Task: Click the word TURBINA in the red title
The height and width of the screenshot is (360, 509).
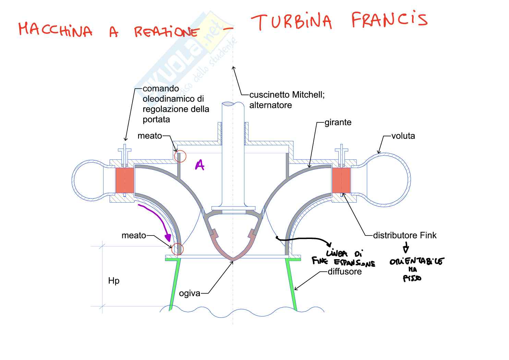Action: point(291,22)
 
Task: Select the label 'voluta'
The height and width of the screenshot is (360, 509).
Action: point(403,136)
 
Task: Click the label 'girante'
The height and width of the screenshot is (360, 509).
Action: point(338,122)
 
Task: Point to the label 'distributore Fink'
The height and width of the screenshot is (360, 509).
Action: point(405,236)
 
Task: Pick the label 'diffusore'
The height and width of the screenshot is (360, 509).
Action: point(344,272)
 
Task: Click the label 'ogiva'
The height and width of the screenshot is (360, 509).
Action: point(190,293)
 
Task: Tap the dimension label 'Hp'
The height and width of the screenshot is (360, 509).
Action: point(114,281)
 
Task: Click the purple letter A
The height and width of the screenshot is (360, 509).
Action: point(199,166)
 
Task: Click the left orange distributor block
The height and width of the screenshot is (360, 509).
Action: point(124,180)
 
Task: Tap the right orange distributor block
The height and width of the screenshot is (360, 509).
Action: point(341,180)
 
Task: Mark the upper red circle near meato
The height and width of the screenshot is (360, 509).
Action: point(180,156)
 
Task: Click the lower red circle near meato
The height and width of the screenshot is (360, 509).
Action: point(178,249)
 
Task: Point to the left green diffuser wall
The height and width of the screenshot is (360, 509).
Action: point(174,285)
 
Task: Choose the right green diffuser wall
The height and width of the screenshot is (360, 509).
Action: point(292,285)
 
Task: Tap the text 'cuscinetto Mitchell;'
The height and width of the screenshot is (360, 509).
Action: point(287,95)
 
